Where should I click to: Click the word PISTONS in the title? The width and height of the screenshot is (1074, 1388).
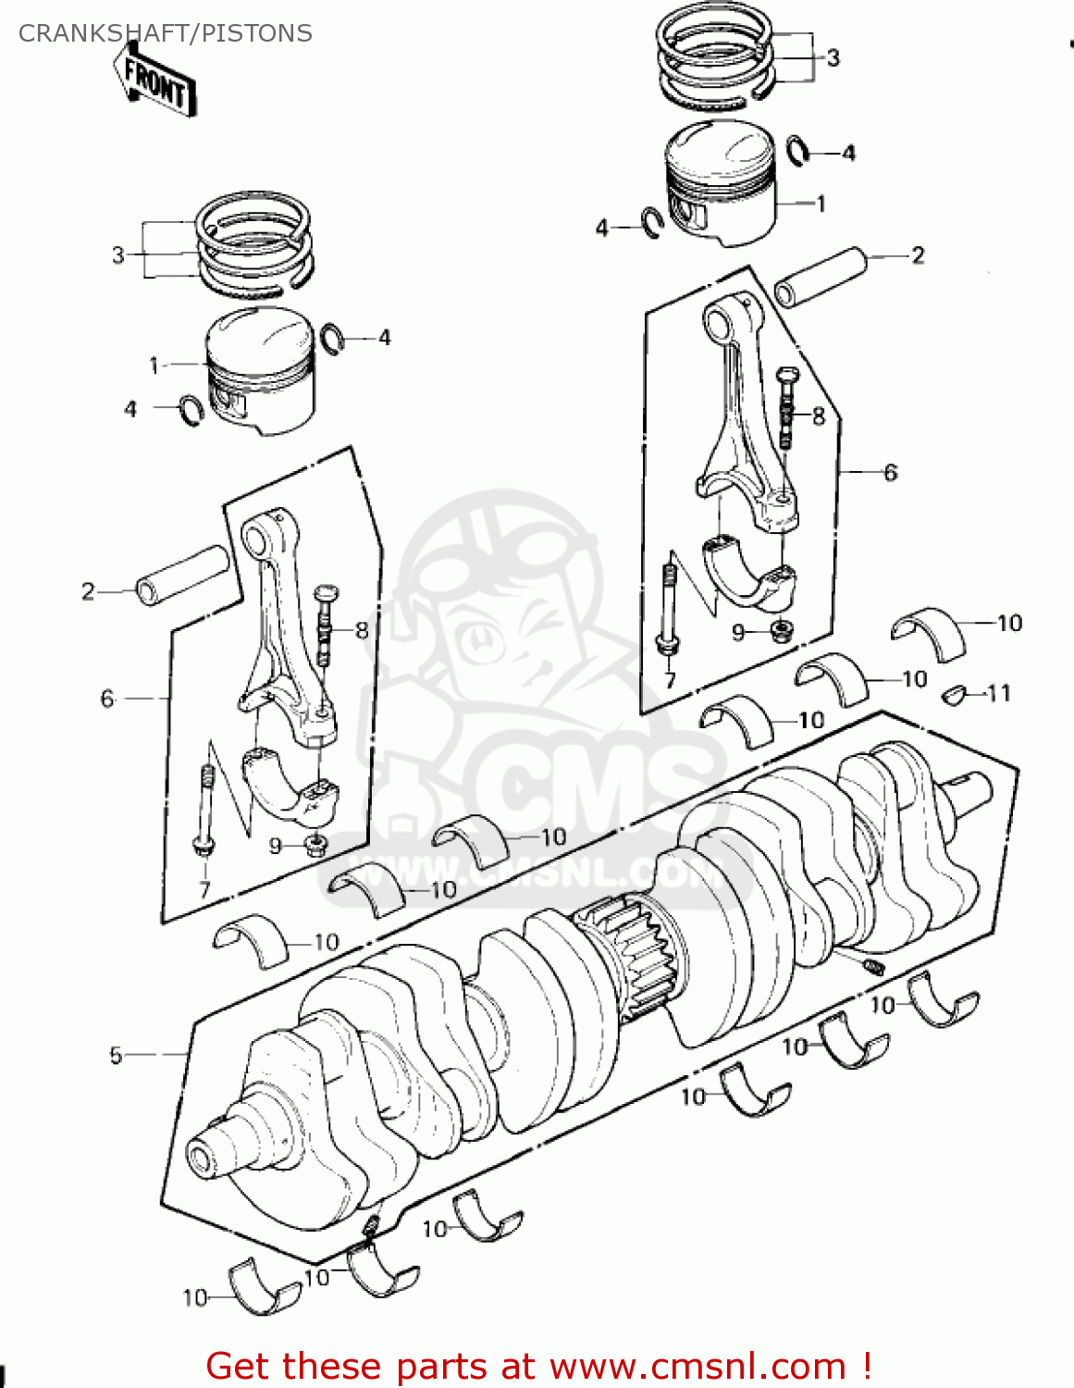(256, 33)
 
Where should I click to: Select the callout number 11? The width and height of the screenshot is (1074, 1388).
(999, 693)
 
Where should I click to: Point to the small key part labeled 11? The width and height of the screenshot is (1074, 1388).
(953, 694)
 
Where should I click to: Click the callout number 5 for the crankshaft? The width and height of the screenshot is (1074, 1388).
(116, 1055)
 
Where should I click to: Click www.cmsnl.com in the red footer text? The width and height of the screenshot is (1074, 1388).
(697, 1366)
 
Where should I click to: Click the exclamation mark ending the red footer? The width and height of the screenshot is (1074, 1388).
(866, 1366)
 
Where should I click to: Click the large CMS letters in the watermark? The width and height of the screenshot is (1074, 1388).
(592, 787)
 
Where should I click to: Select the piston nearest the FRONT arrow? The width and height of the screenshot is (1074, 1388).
(259, 370)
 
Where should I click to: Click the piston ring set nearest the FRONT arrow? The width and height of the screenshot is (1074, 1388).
(253, 245)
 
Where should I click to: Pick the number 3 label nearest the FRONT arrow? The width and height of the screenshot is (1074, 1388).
(117, 254)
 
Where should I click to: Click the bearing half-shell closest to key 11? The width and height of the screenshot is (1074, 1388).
(928, 634)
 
